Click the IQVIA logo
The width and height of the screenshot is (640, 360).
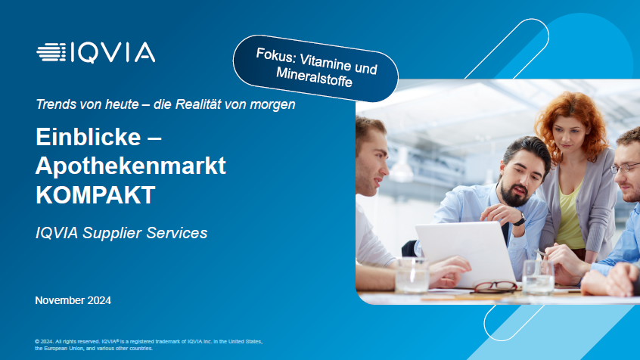[x=95, y=52]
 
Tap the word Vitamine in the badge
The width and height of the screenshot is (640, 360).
[x=325, y=63]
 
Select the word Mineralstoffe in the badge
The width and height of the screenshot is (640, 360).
[x=314, y=77]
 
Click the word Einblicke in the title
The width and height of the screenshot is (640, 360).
[x=89, y=137]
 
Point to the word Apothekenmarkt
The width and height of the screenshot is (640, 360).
[x=131, y=166]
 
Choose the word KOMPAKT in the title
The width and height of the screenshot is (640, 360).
[x=95, y=194]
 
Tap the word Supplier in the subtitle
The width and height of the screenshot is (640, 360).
[x=112, y=233]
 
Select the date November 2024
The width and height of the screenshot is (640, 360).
[x=73, y=300]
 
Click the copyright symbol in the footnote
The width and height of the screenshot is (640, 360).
[x=37, y=342]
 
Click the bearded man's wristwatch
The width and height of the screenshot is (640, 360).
[x=519, y=219]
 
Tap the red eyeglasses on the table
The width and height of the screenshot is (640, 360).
[x=495, y=287]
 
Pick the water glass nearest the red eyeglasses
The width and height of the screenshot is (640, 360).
[x=538, y=278]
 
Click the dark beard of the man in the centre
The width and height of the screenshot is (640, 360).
[x=514, y=194]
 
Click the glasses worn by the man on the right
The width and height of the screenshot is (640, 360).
[x=625, y=167]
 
